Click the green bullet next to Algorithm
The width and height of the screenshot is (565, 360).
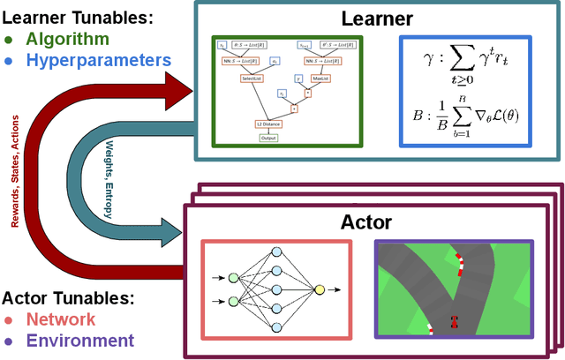9,40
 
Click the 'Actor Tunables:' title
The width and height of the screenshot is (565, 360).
66,297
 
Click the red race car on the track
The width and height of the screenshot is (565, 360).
455,322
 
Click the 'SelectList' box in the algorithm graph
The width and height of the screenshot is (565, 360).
252,79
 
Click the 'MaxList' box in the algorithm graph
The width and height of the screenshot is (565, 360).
322,79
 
